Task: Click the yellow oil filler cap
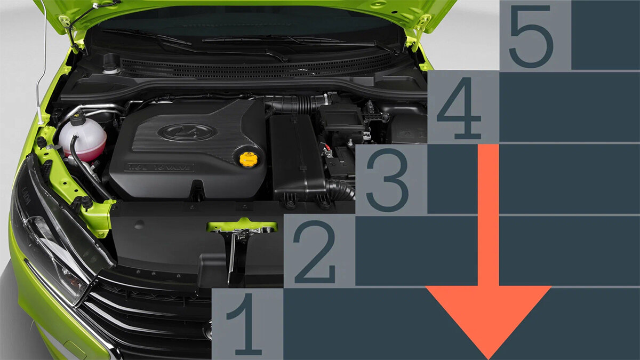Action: click(x=248, y=159)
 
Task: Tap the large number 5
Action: click(x=531, y=37)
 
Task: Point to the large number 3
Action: click(x=387, y=180)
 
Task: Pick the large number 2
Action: click(x=314, y=251)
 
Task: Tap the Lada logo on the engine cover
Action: click(x=187, y=132)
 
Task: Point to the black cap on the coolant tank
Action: click(x=77, y=117)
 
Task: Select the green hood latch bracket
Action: click(x=242, y=226)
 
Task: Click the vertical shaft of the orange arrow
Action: click(x=489, y=215)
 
